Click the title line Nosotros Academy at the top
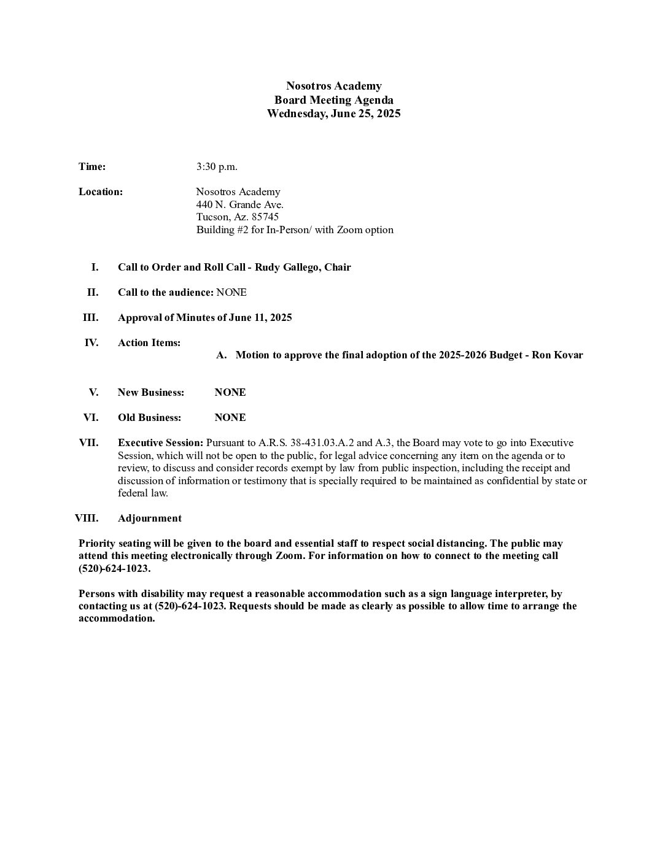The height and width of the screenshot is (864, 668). coord(333,86)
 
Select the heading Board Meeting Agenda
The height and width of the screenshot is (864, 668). coord(333,100)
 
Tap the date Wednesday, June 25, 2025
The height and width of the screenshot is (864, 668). coord(333,114)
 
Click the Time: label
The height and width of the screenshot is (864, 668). coord(92,167)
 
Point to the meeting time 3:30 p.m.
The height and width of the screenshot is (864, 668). coord(217,167)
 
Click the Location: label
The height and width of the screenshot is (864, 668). coord(101,192)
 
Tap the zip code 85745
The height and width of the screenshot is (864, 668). coord(265,217)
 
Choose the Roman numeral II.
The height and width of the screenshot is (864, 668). coord(92,293)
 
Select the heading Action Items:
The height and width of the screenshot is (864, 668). coord(149,343)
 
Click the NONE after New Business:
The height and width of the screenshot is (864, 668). coord(230,393)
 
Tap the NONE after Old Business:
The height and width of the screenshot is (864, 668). coord(230,418)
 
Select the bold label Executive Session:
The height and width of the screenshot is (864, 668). coord(160,443)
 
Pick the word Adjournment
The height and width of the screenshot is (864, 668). coord(150,519)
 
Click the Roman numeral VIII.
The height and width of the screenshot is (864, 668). coord(87,519)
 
